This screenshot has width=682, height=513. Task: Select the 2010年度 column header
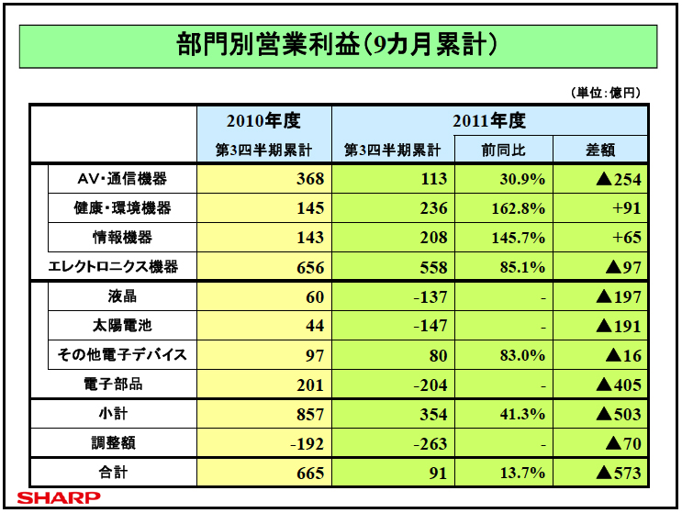pyautogui.click(x=264, y=120)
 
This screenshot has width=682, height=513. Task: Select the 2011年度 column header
pyautogui.click(x=489, y=120)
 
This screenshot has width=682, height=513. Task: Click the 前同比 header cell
pyautogui.click(x=503, y=150)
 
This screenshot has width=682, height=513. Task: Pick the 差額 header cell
pyautogui.click(x=600, y=150)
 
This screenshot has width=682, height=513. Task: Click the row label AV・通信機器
pyautogui.click(x=121, y=178)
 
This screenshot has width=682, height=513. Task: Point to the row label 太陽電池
pyautogui.click(x=121, y=326)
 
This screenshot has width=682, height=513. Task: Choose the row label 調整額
pyautogui.click(x=121, y=444)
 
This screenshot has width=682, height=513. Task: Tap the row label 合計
pyautogui.click(x=121, y=474)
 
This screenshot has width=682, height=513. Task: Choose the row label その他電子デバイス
pyautogui.click(x=121, y=355)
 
